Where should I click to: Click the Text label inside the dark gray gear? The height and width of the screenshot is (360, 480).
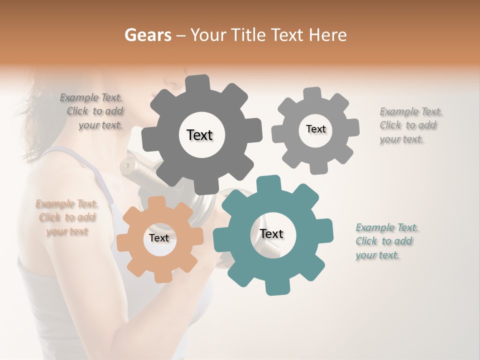click(x=199, y=135)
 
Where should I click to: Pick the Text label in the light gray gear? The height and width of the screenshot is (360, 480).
click(x=315, y=129)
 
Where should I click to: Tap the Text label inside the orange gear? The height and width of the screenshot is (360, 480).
click(x=159, y=238)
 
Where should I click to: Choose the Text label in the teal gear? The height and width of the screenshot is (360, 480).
click(x=271, y=233)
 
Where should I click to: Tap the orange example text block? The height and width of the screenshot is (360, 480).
click(x=66, y=217)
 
